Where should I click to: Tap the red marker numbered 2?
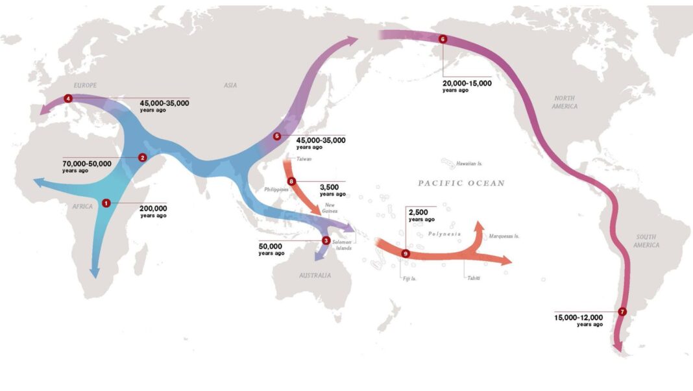click(143, 157)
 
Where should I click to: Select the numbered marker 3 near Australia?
click(326, 240)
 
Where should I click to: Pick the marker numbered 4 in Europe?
click(68, 99)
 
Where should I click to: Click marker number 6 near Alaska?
click(443, 39)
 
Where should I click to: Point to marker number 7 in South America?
click(622, 311)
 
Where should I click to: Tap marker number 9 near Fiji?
click(406, 253)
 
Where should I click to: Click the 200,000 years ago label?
click(153, 211)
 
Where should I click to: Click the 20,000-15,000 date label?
click(467, 86)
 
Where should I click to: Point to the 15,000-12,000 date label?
click(579, 320)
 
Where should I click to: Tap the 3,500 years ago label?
click(332, 189)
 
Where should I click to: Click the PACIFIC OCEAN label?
click(461, 183)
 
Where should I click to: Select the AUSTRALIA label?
click(315, 275)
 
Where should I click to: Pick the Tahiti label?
click(472, 277)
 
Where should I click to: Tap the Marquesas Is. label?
click(504, 236)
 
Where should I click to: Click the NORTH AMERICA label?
click(565, 102)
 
